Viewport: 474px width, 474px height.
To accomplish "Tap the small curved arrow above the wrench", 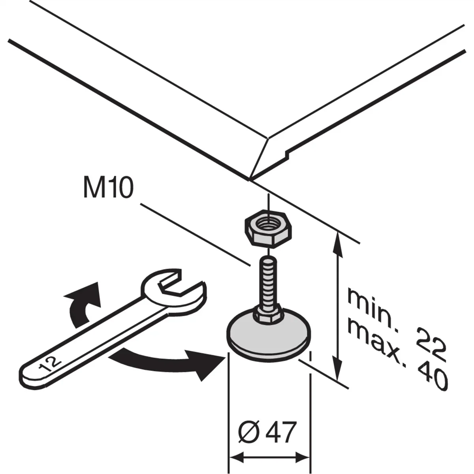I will coord(81,304).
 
